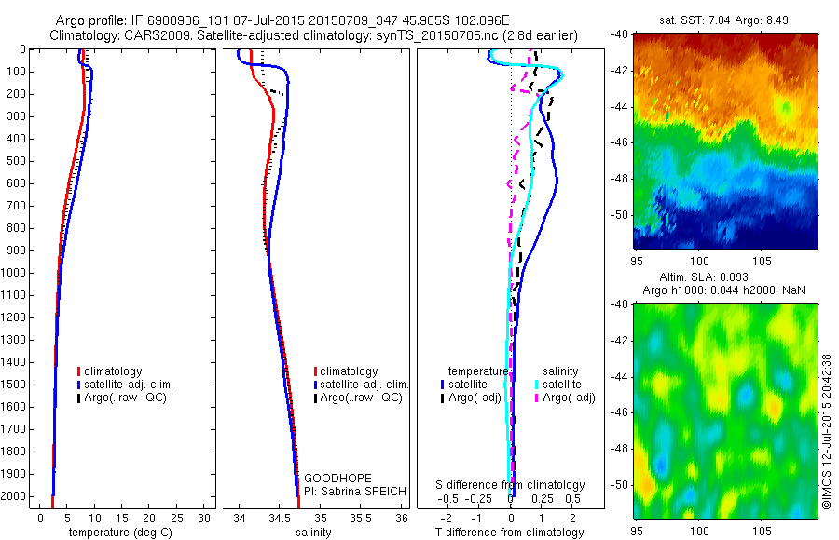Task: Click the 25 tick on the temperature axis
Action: coord(177,517)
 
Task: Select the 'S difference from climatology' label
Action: coord(511,485)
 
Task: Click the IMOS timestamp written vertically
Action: coord(827,431)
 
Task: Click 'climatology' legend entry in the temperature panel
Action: coord(116,371)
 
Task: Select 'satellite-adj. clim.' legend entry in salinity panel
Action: coord(364,385)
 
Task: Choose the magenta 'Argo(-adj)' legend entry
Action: coord(570,398)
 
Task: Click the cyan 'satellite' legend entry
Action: coord(562,384)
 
